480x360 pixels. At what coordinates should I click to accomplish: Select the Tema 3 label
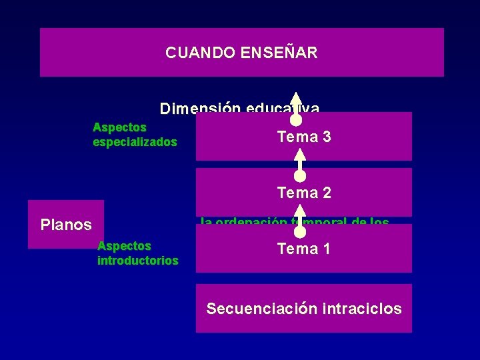[x=304, y=137]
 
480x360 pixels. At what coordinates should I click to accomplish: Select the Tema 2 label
[x=304, y=193]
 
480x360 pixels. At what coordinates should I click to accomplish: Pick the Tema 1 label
[x=304, y=249]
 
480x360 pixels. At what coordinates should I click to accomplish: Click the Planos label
[x=66, y=225]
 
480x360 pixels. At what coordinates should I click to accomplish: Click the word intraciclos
[x=362, y=309]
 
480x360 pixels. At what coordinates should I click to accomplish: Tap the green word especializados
[x=135, y=142]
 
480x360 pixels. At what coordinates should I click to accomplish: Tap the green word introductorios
[x=137, y=261]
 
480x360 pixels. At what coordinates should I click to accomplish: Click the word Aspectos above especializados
[x=119, y=127]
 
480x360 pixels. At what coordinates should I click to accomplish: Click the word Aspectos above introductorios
[x=124, y=246]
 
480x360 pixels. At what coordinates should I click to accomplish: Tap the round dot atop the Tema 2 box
[x=300, y=176]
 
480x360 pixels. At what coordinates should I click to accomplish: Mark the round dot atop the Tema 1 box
[x=300, y=232]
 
